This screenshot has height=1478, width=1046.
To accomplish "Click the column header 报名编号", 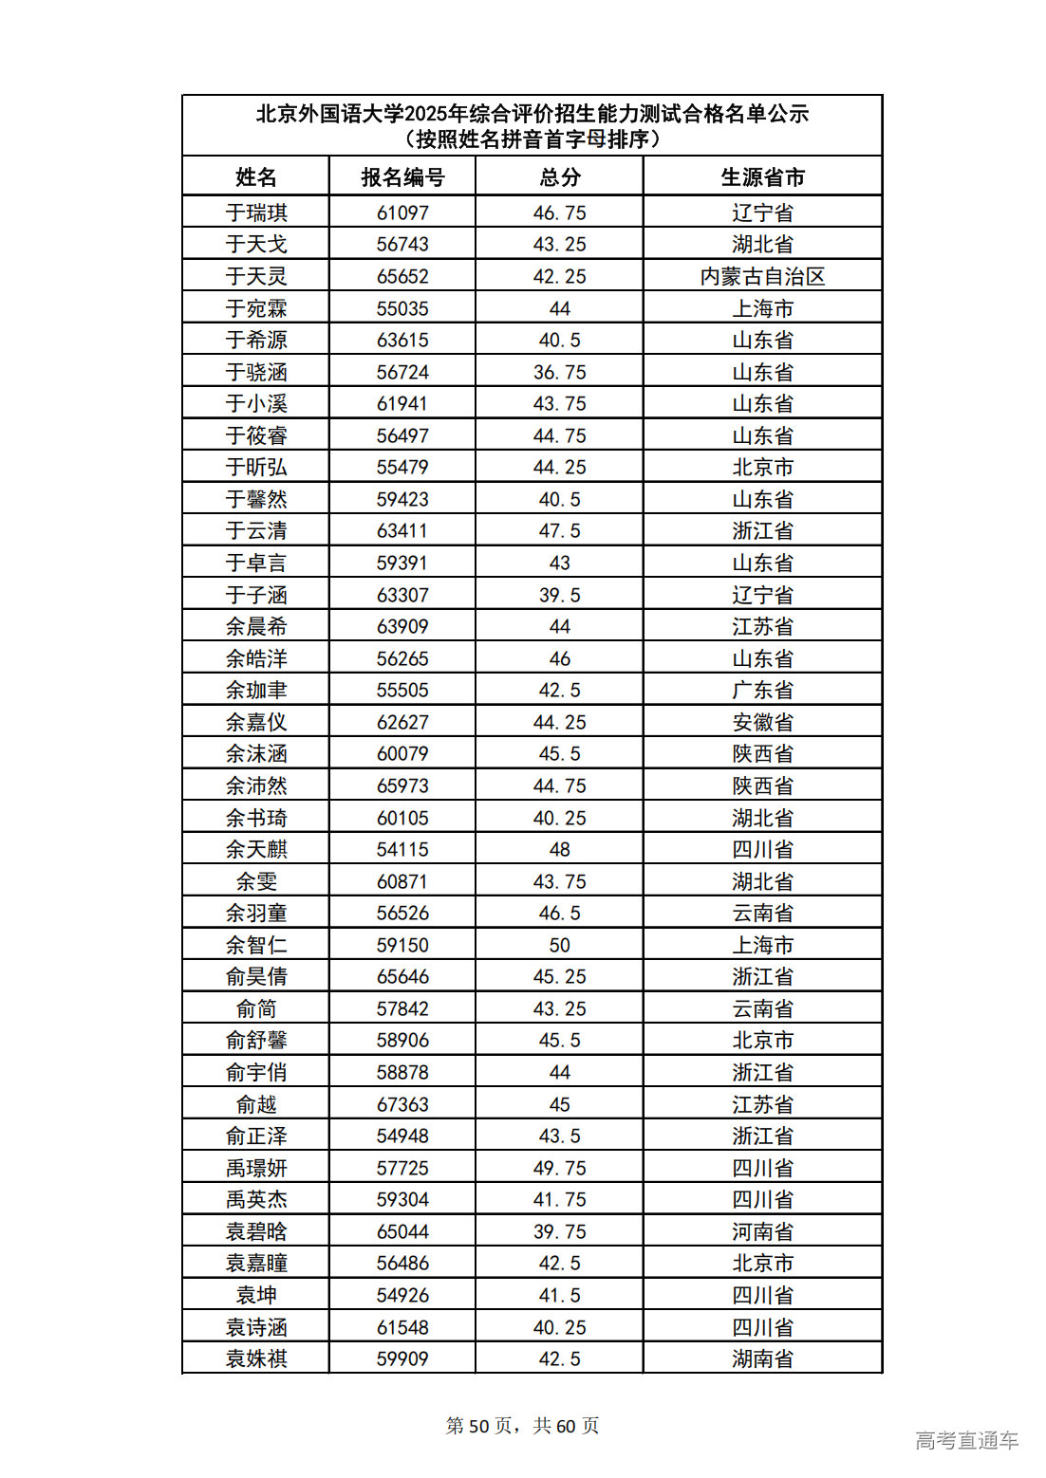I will point(402,177).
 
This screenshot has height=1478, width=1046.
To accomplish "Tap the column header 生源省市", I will point(762,177).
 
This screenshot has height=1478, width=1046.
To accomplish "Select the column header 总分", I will point(559,177).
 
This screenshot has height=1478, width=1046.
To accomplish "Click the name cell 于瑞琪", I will point(256,212).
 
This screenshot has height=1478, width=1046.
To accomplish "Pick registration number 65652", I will point(402,277).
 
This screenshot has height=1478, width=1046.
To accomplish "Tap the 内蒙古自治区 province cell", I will point(762,277).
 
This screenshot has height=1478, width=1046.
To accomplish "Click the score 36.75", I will point(559,372).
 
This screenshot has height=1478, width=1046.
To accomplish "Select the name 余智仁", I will point(256,945).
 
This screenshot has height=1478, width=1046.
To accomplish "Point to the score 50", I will point(559,945).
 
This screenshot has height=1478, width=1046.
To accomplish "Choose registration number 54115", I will point(402,849).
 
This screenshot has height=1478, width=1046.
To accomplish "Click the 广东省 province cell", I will point(762,691).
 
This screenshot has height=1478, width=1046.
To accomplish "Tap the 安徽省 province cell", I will point(762,722).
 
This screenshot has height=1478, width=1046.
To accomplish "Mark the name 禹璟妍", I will point(256,1168).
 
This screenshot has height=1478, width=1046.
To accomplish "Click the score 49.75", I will point(559,1168).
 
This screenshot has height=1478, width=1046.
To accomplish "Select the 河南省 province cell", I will point(762,1231).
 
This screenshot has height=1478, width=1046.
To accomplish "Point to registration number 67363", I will point(402,1104).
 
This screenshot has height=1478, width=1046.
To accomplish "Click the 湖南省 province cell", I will point(762,1358).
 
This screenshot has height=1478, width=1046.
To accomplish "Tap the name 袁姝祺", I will point(256,1358).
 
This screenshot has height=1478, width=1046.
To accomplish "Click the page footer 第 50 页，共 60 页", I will point(522,1426).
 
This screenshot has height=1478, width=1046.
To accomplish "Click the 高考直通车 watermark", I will point(966,1440).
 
